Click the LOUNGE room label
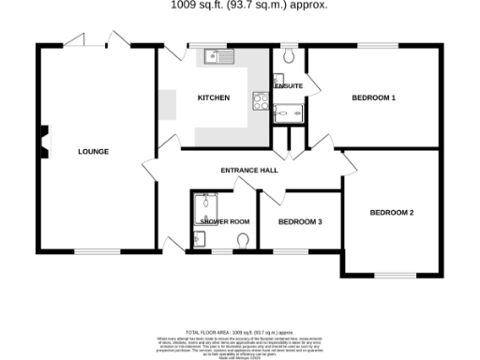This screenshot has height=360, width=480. click(x=94, y=151)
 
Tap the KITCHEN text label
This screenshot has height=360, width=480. click(x=213, y=97)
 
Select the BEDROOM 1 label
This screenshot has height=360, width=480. click(x=373, y=97)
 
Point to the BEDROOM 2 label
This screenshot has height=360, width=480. click(x=391, y=213)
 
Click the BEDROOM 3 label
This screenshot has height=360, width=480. click(x=300, y=222)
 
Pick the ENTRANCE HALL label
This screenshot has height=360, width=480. click(x=248, y=171)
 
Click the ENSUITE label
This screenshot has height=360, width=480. click(x=289, y=86)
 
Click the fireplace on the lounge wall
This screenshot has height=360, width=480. click(x=42, y=143)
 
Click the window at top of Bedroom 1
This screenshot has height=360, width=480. click(x=375, y=46)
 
